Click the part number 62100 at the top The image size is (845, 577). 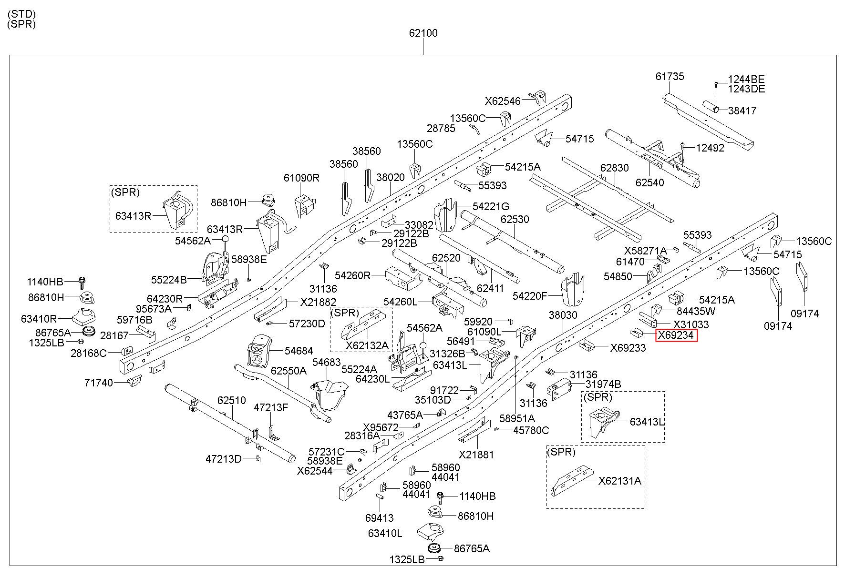click(x=423, y=33)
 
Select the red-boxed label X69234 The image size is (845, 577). click(x=676, y=336)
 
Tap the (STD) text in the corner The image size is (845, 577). click(x=21, y=14)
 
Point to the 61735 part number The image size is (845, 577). click(x=670, y=76)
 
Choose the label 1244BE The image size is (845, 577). click(x=746, y=80)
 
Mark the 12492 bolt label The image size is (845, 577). click(x=710, y=148)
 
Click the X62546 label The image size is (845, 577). click(x=503, y=101)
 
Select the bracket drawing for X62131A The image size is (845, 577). click(x=572, y=480)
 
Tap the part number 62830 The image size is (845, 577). click(x=615, y=168)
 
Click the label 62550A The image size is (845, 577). click(x=289, y=370)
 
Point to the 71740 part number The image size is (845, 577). click(x=99, y=383)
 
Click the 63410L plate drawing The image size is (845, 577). click(x=431, y=532)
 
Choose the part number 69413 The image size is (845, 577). click(x=380, y=518)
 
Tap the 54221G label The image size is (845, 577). click(x=491, y=206)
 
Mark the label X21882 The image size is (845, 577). click(x=318, y=302)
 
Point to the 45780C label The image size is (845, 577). click(x=531, y=430)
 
